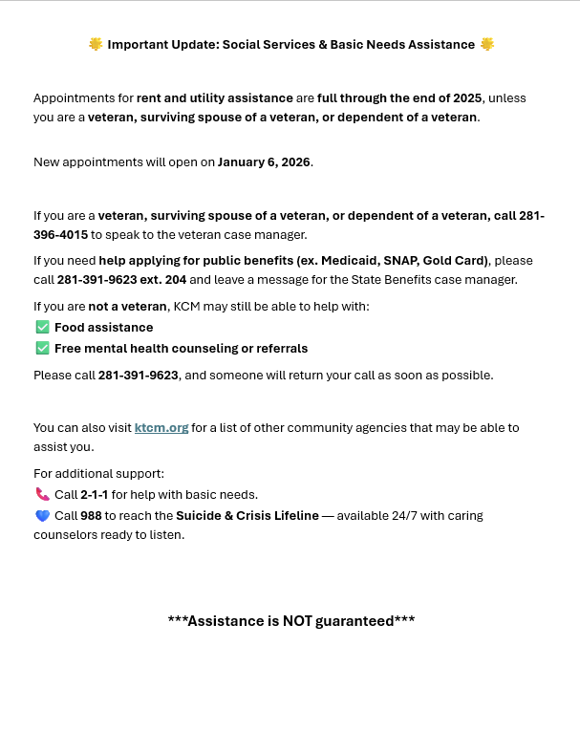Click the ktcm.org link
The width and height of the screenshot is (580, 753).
click(x=161, y=428)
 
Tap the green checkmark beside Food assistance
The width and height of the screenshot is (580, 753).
click(x=42, y=328)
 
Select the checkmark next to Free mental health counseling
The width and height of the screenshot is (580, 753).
click(x=42, y=349)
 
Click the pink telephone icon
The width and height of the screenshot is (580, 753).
click(x=42, y=495)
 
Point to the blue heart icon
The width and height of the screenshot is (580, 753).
click(x=42, y=516)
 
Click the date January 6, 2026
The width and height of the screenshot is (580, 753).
click(x=264, y=162)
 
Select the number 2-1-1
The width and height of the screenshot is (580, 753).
click(x=95, y=495)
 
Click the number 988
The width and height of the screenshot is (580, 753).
click(x=92, y=516)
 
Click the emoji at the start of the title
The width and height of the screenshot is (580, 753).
click(x=96, y=45)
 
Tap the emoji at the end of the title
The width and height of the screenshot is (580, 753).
click(x=487, y=45)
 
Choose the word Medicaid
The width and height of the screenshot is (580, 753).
click(x=348, y=261)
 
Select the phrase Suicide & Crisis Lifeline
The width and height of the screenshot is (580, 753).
click(x=247, y=516)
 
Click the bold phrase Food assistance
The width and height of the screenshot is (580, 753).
click(x=103, y=328)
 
